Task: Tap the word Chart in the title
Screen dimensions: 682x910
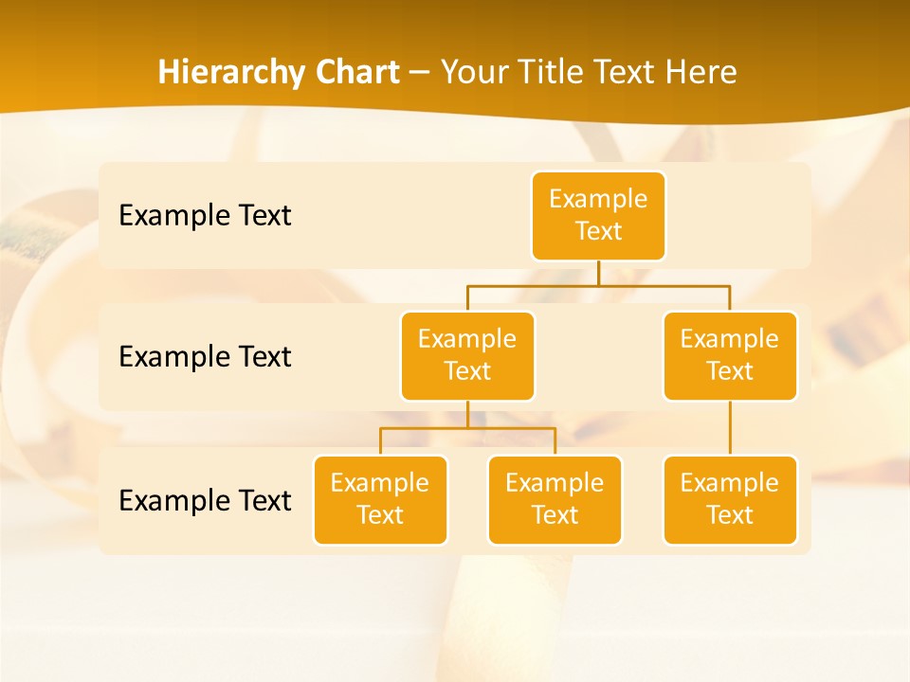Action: coord(355,72)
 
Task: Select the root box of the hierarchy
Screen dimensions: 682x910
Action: coord(598,215)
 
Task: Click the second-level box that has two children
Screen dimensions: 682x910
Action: coord(467,355)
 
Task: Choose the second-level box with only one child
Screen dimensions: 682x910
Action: coord(730,355)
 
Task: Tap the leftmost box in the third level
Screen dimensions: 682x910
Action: coord(380,499)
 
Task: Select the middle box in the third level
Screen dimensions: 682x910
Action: coord(555,499)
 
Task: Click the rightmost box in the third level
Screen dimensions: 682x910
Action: coord(730,499)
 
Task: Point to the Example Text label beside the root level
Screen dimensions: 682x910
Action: coord(205,215)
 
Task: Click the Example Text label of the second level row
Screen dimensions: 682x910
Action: coord(205,356)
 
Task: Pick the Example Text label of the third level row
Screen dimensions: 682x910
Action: coord(205,500)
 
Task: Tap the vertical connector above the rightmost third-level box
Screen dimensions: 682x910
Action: coord(730,428)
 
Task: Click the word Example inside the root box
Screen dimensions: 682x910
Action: coord(598,199)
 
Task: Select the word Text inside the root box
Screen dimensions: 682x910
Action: coord(598,231)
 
